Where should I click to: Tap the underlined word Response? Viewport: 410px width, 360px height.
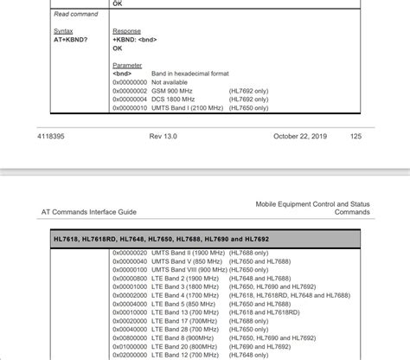[126, 30]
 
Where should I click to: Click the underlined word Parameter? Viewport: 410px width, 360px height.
[128, 64]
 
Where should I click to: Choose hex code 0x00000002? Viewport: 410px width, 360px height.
[131, 90]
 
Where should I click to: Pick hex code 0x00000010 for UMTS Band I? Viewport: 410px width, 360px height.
[131, 107]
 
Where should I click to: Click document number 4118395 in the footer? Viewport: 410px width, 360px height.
[52, 137]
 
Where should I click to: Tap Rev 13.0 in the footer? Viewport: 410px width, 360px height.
[163, 137]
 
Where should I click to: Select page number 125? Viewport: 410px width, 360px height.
[356, 137]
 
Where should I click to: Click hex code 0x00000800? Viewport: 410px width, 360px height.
[131, 278]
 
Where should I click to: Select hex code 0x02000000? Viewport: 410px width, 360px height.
[131, 354]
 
